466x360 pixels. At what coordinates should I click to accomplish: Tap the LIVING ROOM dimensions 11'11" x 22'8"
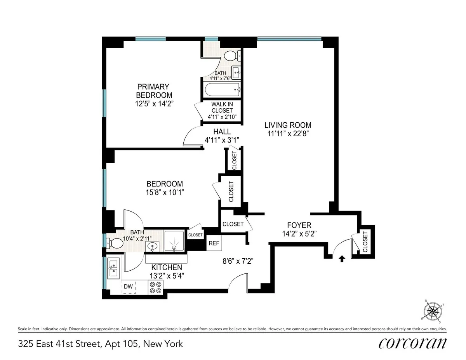click(288, 133)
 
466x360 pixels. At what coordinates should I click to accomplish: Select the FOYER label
click(299, 225)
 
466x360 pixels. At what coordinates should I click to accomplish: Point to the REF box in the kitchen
click(214, 243)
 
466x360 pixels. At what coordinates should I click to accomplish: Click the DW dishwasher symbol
click(128, 287)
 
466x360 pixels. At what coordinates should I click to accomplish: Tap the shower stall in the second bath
click(175, 242)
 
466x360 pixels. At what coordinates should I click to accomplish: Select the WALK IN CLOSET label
click(222, 110)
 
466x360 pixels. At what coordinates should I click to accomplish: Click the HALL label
click(222, 132)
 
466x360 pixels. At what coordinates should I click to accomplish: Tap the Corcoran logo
click(412, 343)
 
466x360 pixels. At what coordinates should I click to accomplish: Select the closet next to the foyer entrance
click(365, 241)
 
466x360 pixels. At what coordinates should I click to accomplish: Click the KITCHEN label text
click(167, 267)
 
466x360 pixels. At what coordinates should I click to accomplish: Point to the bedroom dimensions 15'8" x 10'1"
click(165, 191)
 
